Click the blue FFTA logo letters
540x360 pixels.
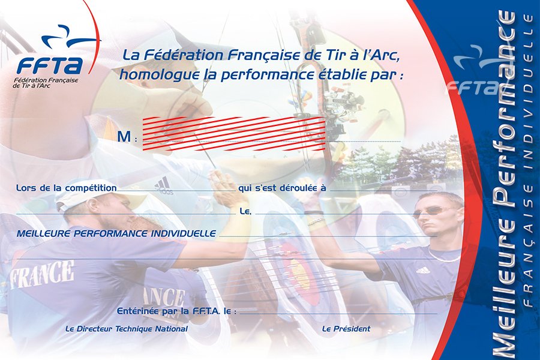[x=50, y=65]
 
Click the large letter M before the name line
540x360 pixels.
[x=124, y=137]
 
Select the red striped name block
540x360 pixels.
[x=234, y=134]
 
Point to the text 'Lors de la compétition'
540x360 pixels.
[x=67, y=188]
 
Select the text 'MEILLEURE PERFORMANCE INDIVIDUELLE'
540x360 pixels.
[x=116, y=233]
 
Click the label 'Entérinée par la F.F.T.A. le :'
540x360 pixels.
[x=176, y=311]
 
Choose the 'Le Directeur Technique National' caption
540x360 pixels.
[x=127, y=329]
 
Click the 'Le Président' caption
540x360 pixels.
[x=346, y=329]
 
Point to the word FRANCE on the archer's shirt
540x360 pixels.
[x=41, y=274]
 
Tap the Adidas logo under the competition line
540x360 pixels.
[x=163, y=186]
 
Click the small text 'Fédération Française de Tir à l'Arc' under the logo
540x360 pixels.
[x=46, y=82]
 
